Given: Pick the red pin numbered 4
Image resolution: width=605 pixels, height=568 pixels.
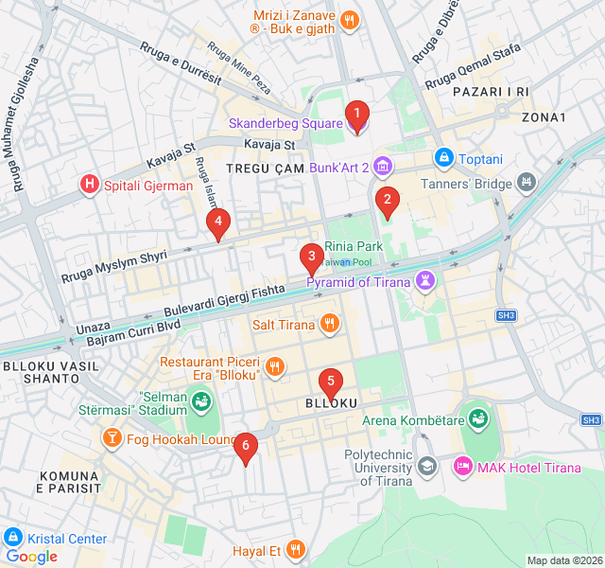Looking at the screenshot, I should [x=218, y=224].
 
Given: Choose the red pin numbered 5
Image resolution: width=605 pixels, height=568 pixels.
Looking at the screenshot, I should [x=330, y=382].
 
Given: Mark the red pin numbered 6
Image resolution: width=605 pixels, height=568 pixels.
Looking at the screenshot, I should [x=246, y=447].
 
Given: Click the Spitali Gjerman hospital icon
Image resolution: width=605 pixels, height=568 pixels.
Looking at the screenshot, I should [x=90, y=185].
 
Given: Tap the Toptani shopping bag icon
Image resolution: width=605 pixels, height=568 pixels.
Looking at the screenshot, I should [x=442, y=157].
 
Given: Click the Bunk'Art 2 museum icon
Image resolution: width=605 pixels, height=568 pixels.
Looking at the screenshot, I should [x=382, y=168].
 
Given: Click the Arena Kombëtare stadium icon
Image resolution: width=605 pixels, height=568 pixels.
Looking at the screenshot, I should [x=479, y=418].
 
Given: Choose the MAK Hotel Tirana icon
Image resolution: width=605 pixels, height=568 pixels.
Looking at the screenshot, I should [x=463, y=467].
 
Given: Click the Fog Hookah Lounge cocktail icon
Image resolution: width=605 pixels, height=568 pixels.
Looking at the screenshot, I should [x=112, y=438].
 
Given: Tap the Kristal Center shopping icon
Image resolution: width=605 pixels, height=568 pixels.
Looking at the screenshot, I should [x=13, y=538].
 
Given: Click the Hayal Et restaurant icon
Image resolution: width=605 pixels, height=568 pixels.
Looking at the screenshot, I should [x=296, y=550].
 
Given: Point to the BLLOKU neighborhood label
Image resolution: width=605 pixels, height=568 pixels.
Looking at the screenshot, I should [x=332, y=403].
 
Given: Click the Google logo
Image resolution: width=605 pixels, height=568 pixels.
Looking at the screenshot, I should [x=31, y=557].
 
